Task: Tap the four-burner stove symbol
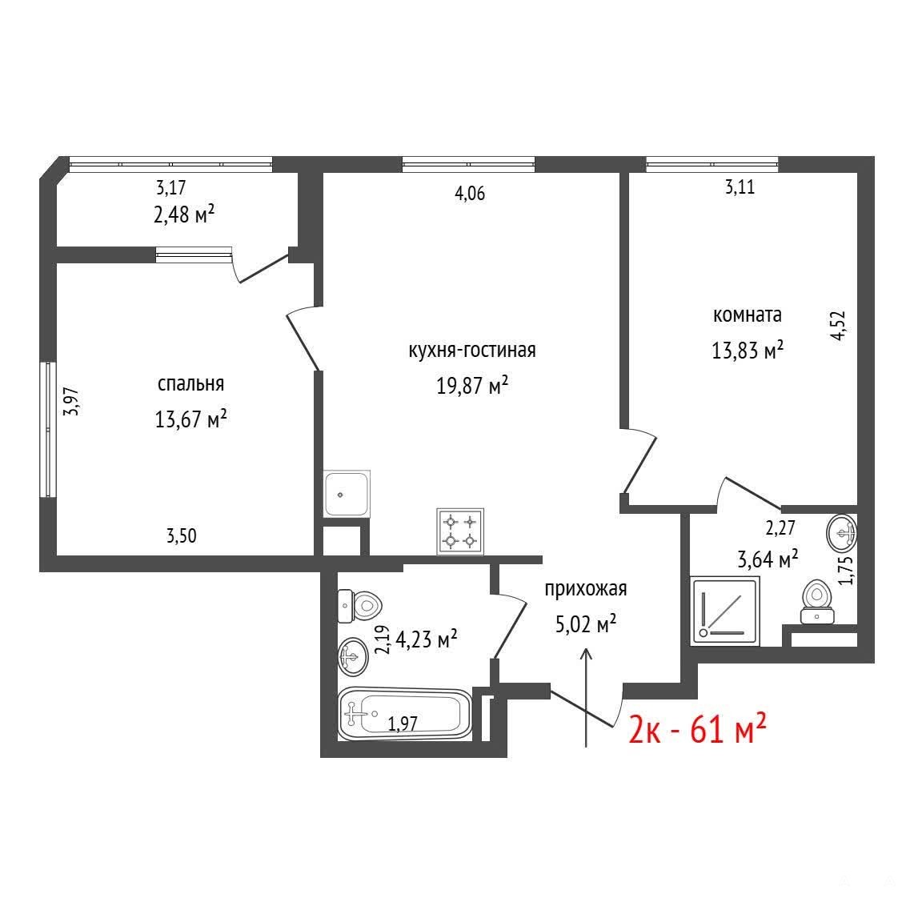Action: (x=460, y=531)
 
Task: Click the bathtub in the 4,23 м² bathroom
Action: (x=405, y=713)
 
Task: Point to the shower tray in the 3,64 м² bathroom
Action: (x=725, y=611)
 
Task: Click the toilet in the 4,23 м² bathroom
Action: (x=359, y=606)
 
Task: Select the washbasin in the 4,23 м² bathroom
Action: (x=353, y=657)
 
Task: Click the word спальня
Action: (x=190, y=384)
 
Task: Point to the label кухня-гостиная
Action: (x=471, y=351)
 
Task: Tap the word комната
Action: (x=748, y=315)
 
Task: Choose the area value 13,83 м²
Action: (x=748, y=351)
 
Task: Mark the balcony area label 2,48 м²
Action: (x=183, y=214)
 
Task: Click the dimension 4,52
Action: (x=838, y=326)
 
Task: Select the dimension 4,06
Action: (x=470, y=193)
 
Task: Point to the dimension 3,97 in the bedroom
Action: (x=72, y=402)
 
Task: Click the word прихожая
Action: (x=586, y=589)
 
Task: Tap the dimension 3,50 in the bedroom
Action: (x=182, y=535)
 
